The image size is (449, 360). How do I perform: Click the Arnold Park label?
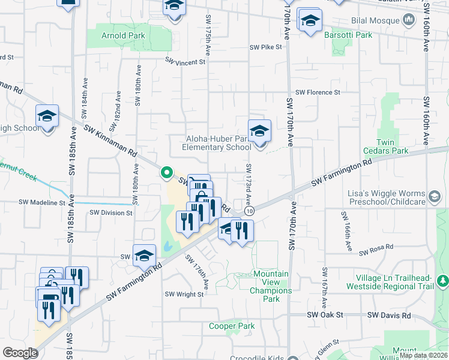pos(122,36)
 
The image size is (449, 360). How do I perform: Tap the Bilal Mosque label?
pos(375,21)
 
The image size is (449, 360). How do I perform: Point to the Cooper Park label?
pos(232,326)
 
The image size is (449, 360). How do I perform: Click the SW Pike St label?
pos(266,48)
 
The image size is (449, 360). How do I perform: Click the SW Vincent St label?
pos(185,62)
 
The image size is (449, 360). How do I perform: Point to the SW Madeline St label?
pos(41,203)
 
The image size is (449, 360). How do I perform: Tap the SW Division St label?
pos(110,212)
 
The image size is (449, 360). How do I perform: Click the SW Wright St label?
pos(184,294)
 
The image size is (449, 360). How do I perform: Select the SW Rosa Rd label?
pos(376,247)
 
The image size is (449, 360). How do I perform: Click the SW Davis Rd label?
pos(389,315)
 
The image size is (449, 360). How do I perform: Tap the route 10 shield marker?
pos(249,211)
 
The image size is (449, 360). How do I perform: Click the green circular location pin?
pos(166,173)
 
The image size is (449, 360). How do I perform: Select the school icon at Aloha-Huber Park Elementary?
pos(259,131)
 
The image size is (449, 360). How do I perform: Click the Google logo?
pos(20,353)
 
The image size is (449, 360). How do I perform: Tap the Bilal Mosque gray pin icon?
pos(409,20)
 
